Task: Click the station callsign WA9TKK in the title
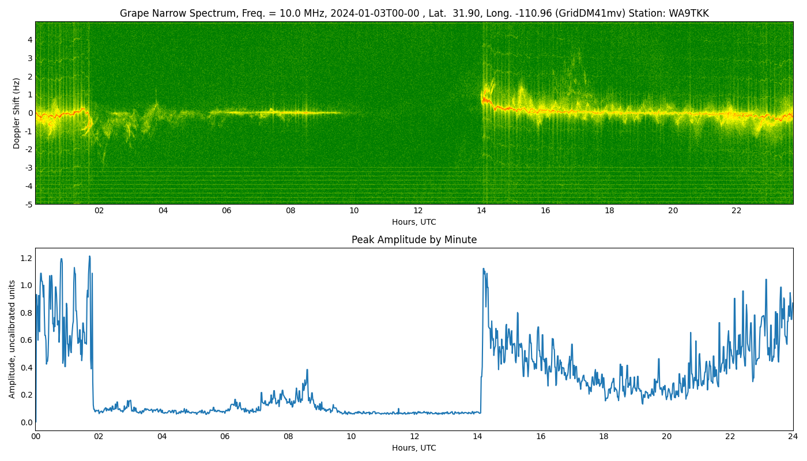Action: point(688,13)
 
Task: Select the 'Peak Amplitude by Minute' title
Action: point(414,240)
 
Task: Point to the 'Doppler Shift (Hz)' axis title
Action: point(16,113)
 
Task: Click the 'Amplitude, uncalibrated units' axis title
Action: point(12,339)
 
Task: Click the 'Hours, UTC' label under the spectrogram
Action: point(414,222)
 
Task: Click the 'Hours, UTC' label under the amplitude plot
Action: point(414,448)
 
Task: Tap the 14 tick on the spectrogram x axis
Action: point(482,211)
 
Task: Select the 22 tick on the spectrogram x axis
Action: point(737,211)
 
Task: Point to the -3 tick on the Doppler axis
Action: point(28,168)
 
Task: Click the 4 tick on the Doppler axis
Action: point(30,40)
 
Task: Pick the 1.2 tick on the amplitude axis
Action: point(27,258)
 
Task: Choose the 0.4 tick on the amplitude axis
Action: point(27,368)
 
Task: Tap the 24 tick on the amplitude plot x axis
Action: point(793,437)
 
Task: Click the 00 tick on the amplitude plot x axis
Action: point(36,437)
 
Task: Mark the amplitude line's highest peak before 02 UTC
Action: point(89,256)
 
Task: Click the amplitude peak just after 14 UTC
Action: point(484,269)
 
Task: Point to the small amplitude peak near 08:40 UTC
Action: point(307,369)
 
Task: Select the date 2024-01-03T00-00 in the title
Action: point(375,13)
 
